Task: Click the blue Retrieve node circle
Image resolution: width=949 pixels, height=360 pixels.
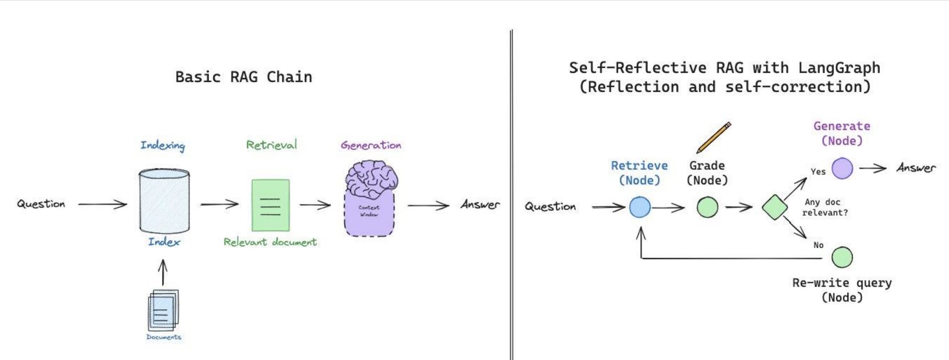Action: (640, 207)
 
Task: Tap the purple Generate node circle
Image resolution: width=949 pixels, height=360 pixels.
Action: (842, 168)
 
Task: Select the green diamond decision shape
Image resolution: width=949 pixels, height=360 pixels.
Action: (775, 207)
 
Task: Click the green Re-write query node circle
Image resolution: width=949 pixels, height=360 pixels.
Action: (842, 257)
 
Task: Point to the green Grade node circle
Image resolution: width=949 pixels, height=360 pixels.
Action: (708, 207)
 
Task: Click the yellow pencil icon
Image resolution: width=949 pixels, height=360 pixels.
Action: (714, 137)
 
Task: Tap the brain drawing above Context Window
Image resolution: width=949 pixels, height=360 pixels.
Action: (372, 179)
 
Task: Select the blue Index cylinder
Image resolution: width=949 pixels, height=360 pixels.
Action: (164, 201)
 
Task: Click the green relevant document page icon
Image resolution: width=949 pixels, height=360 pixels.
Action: (271, 205)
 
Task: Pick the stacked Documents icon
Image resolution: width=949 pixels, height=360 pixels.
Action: (163, 310)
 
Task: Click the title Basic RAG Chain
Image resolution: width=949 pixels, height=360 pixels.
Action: (243, 77)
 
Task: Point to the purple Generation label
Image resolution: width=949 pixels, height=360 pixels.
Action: (371, 145)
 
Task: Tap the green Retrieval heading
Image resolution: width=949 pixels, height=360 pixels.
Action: (272, 145)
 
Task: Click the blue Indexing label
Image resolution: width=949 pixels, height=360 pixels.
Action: (163, 146)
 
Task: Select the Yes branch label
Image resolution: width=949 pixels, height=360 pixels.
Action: (818, 172)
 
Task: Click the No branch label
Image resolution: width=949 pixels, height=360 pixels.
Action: (818, 245)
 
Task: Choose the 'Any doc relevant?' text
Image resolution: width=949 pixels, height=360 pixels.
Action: (825, 207)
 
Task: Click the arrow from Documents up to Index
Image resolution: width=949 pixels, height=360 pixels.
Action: (163, 273)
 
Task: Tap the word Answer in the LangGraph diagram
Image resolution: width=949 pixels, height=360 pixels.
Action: (916, 168)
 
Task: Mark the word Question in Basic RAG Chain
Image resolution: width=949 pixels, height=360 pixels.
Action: (41, 204)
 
